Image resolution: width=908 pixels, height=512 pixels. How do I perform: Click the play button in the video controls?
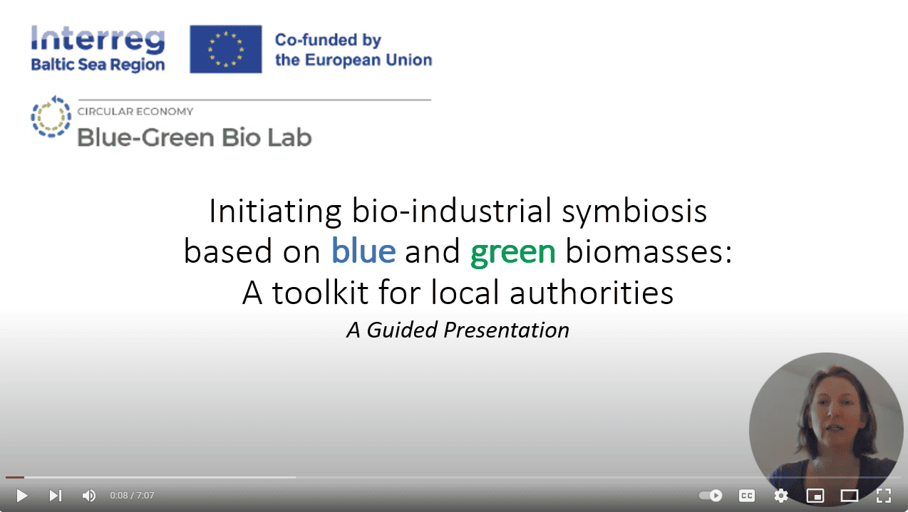[21, 496]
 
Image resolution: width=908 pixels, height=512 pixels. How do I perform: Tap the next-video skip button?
[55, 496]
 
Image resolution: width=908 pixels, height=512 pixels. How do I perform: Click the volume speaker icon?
[89, 496]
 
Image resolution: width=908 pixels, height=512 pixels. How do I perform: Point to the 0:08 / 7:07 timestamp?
[132, 496]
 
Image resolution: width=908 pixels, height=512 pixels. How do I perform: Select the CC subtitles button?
[746, 496]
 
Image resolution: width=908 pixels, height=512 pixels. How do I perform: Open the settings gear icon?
[781, 496]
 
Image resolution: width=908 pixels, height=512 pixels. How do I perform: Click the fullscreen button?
[884, 496]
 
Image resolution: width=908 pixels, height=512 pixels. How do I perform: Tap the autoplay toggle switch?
[711, 496]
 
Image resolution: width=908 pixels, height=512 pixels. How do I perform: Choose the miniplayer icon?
[815, 496]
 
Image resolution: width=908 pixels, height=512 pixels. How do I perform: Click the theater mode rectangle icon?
[849, 496]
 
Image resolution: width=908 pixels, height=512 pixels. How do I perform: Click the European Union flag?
[226, 49]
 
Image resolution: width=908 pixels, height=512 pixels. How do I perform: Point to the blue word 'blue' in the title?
[363, 252]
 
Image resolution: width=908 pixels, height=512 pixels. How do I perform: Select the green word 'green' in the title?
[512, 252]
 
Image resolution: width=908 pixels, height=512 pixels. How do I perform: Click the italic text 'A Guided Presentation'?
[458, 330]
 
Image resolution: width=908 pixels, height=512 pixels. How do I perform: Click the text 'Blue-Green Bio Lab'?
[194, 136]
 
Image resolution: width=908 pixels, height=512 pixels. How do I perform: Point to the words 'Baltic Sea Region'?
[98, 65]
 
